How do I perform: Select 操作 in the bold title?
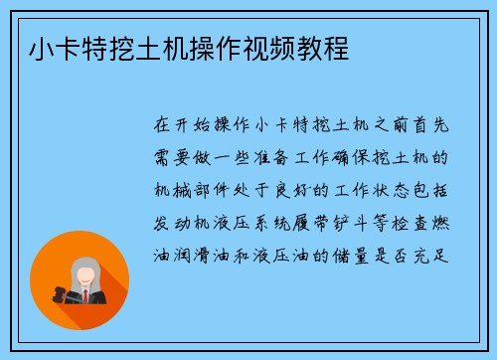point(221,46)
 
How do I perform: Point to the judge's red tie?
point(86,295)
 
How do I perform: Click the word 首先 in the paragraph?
point(430,126)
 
